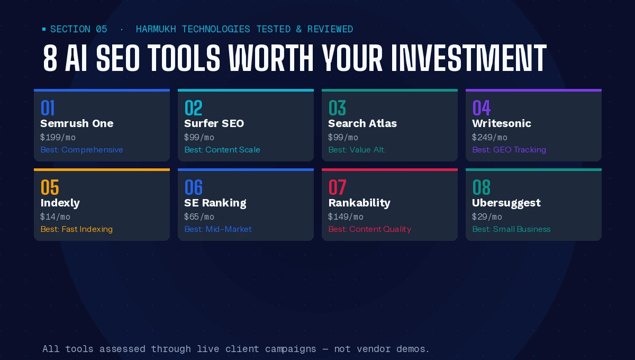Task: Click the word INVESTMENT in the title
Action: pyautogui.click(x=469, y=58)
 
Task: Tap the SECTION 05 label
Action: pyautogui.click(x=78, y=29)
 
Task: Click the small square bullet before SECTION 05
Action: pyautogui.click(x=44, y=29)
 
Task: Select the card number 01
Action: pyautogui.click(x=47, y=108)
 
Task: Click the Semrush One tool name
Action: pyautogui.click(x=77, y=123)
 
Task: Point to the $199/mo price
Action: pyautogui.click(x=58, y=137)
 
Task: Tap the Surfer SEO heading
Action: pyautogui.click(x=214, y=123)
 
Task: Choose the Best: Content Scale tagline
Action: pyautogui.click(x=222, y=150)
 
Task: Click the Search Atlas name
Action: pyautogui.click(x=362, y=123)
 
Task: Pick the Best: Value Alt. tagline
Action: pyautogui.click(x=357, y=150)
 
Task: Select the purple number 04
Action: pyautogui.click(x=482, y=108)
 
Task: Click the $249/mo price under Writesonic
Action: pyautogui.click(x=489, y=137)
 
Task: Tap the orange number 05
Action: pyautogui.click(x=50, y=187)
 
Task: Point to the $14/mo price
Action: pyautogui.click(x=55, y=217)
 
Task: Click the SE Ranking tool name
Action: pyautogui.click(x=215, y=203)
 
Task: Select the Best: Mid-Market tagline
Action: pyautogui.click(x=218, y=229)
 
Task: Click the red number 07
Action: pyautogui.click(x=338, y=187)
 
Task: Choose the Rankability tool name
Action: pyautogui.click(x=359, y=203)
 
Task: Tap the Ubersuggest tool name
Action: pyautogui.click(x=506, y=203)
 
